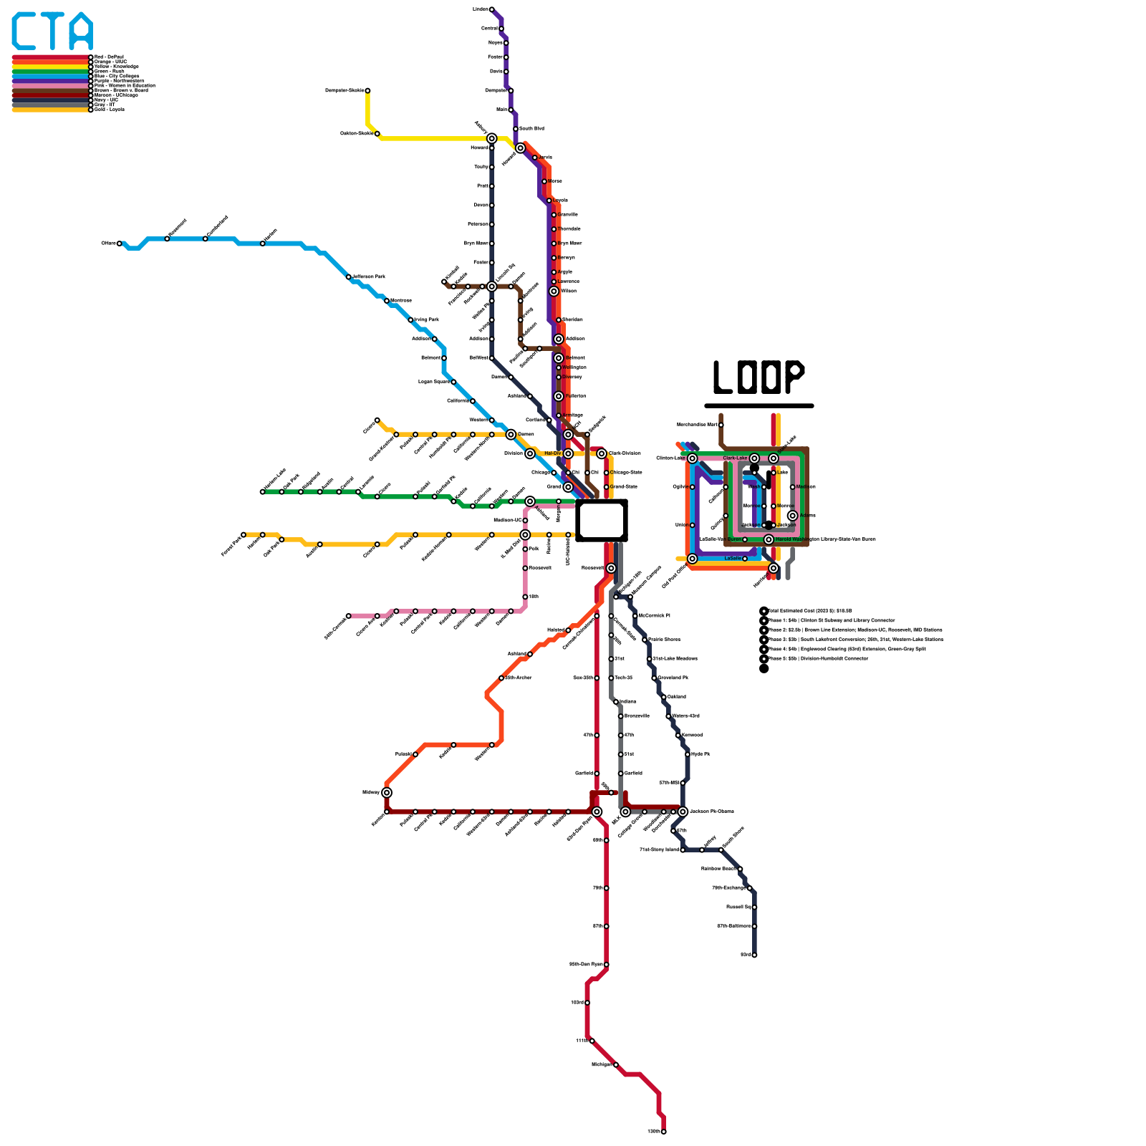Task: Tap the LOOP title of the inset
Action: point(759,377)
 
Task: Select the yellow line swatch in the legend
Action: point(50,67)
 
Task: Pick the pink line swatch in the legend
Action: point(50,86)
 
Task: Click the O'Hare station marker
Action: point(120,244)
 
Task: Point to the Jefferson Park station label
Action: point(369,276)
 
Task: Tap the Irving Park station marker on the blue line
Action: point(410,319)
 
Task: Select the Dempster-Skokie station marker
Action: point(367,90)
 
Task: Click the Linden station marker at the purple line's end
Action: point(491,9)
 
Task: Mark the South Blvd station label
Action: point(531,129)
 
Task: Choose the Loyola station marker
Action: point(549,201)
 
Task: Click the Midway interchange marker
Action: point(387,792)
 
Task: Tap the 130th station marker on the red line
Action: point(664,1132)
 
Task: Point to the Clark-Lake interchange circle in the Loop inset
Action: point(754,458)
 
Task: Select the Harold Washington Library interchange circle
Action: point(769,539)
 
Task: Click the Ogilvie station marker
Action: point(692,487)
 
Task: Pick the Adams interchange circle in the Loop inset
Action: point(792,516)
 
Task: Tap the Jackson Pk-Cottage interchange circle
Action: point(683,812)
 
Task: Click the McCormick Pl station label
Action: point(654,615)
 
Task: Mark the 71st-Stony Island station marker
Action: point(683,849)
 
